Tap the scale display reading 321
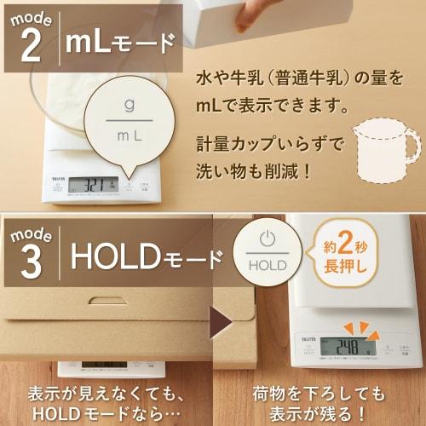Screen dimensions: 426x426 93,183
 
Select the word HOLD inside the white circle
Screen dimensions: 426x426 268,265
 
